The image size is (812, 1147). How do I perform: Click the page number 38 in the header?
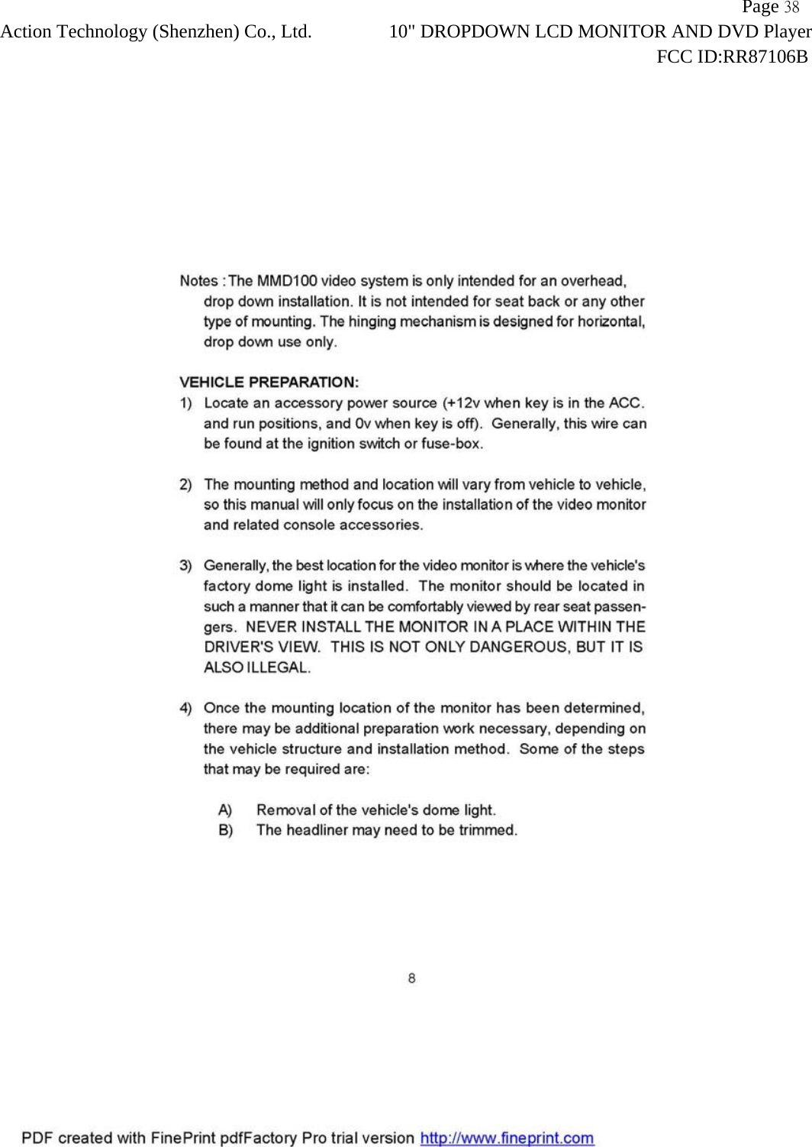[x=791, y=8]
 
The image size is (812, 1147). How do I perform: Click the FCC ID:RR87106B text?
[x=732, y=57]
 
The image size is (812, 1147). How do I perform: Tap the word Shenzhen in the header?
[x=198, y=32]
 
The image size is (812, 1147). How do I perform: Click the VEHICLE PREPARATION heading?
[x=269, y=382]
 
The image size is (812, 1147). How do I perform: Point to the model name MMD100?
[x=286, y=281]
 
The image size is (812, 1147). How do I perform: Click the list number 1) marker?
[x=185, y=403]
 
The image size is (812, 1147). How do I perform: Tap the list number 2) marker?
[x=185, y=484]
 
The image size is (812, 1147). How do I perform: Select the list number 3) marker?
[x=185, y=566]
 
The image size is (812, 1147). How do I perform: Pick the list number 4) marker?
[x=185, y=709]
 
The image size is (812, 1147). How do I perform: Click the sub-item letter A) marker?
[x=225, y=810]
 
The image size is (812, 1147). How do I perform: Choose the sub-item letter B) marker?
[x=225, y=830]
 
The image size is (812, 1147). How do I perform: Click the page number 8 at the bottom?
[x=412, y=978]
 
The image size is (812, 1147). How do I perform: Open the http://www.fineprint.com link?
[x=507, y=1138]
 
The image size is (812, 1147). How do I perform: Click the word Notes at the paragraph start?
[x=198, y=281]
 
